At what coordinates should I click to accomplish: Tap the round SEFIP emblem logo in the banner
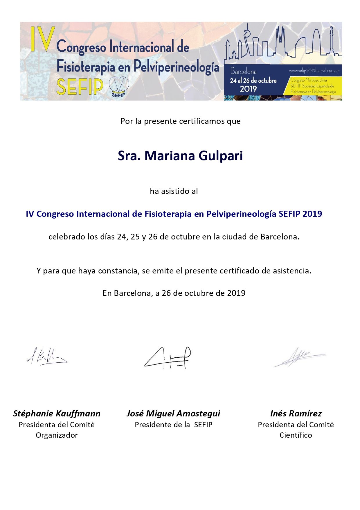click(119, 86)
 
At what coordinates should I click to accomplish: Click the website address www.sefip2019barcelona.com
click(314, 71)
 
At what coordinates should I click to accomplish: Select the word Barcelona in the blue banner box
click(243, 71)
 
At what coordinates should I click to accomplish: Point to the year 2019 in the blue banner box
click(248, 89)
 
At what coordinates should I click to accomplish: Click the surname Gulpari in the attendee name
click(221, 156)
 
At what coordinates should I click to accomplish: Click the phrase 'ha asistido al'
click(174, 191)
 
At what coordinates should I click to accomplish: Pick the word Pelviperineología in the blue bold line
click(241, 214)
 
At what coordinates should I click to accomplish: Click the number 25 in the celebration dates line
click(135, 237)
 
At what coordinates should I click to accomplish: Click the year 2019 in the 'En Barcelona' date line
click(236, 293)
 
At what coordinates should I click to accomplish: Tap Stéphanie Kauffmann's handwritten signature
click(46, 357)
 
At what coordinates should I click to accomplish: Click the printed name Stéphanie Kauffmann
click(57, 414)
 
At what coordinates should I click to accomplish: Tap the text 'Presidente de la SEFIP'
click(174, 425)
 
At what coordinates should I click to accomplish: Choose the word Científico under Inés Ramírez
click(296, 435)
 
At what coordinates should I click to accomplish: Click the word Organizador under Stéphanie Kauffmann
click(57, 435)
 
